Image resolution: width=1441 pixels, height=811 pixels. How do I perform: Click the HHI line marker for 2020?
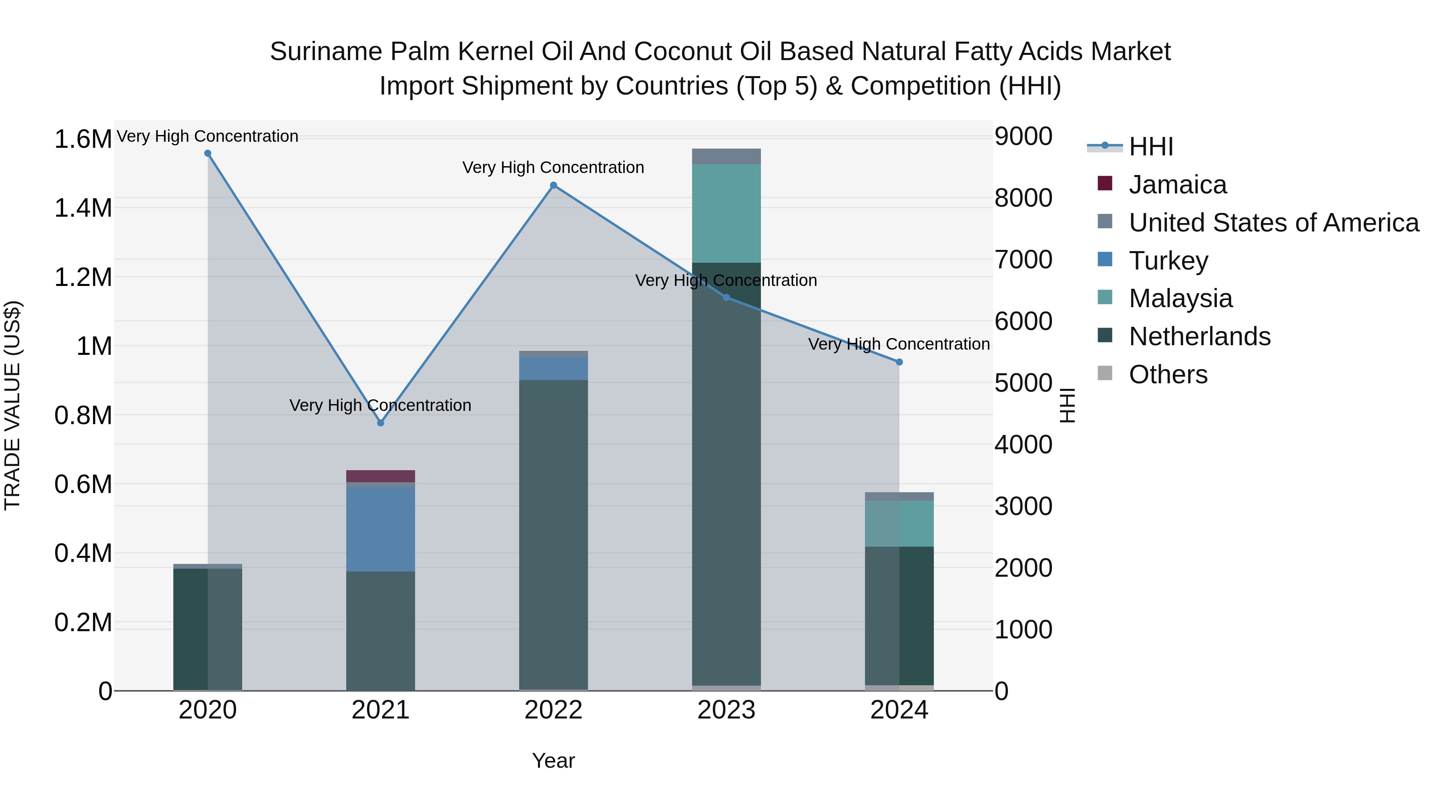pos(207,153)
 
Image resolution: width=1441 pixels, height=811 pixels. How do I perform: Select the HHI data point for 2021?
pos(380,423)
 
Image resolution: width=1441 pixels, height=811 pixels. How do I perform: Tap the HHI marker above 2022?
pos(553,185)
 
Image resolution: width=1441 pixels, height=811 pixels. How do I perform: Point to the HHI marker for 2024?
pos(899,362)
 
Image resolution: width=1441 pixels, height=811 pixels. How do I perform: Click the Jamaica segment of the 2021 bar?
pos(380,476)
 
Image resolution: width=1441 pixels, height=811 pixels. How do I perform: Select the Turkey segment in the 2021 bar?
pos(380,529)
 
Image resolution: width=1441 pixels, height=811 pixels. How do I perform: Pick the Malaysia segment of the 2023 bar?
pos(726,213)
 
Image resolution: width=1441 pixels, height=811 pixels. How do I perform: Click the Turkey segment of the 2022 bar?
pos(553,369)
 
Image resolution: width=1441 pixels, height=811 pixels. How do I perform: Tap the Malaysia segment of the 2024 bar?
pos(899,523)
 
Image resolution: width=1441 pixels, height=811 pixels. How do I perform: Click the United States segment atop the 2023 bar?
pos(726,157)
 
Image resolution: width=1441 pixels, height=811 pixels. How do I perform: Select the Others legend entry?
pos(1168,374)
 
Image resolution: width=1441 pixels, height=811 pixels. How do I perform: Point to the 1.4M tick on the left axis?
pos(83,208)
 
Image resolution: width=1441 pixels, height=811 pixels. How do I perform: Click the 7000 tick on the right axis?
pos(1023,260)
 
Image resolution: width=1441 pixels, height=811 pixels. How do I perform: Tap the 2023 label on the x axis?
pos(726,710)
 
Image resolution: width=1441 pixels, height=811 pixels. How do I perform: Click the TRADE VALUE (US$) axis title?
pos(12,405)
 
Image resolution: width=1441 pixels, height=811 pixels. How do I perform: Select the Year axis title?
pos(553,761)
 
